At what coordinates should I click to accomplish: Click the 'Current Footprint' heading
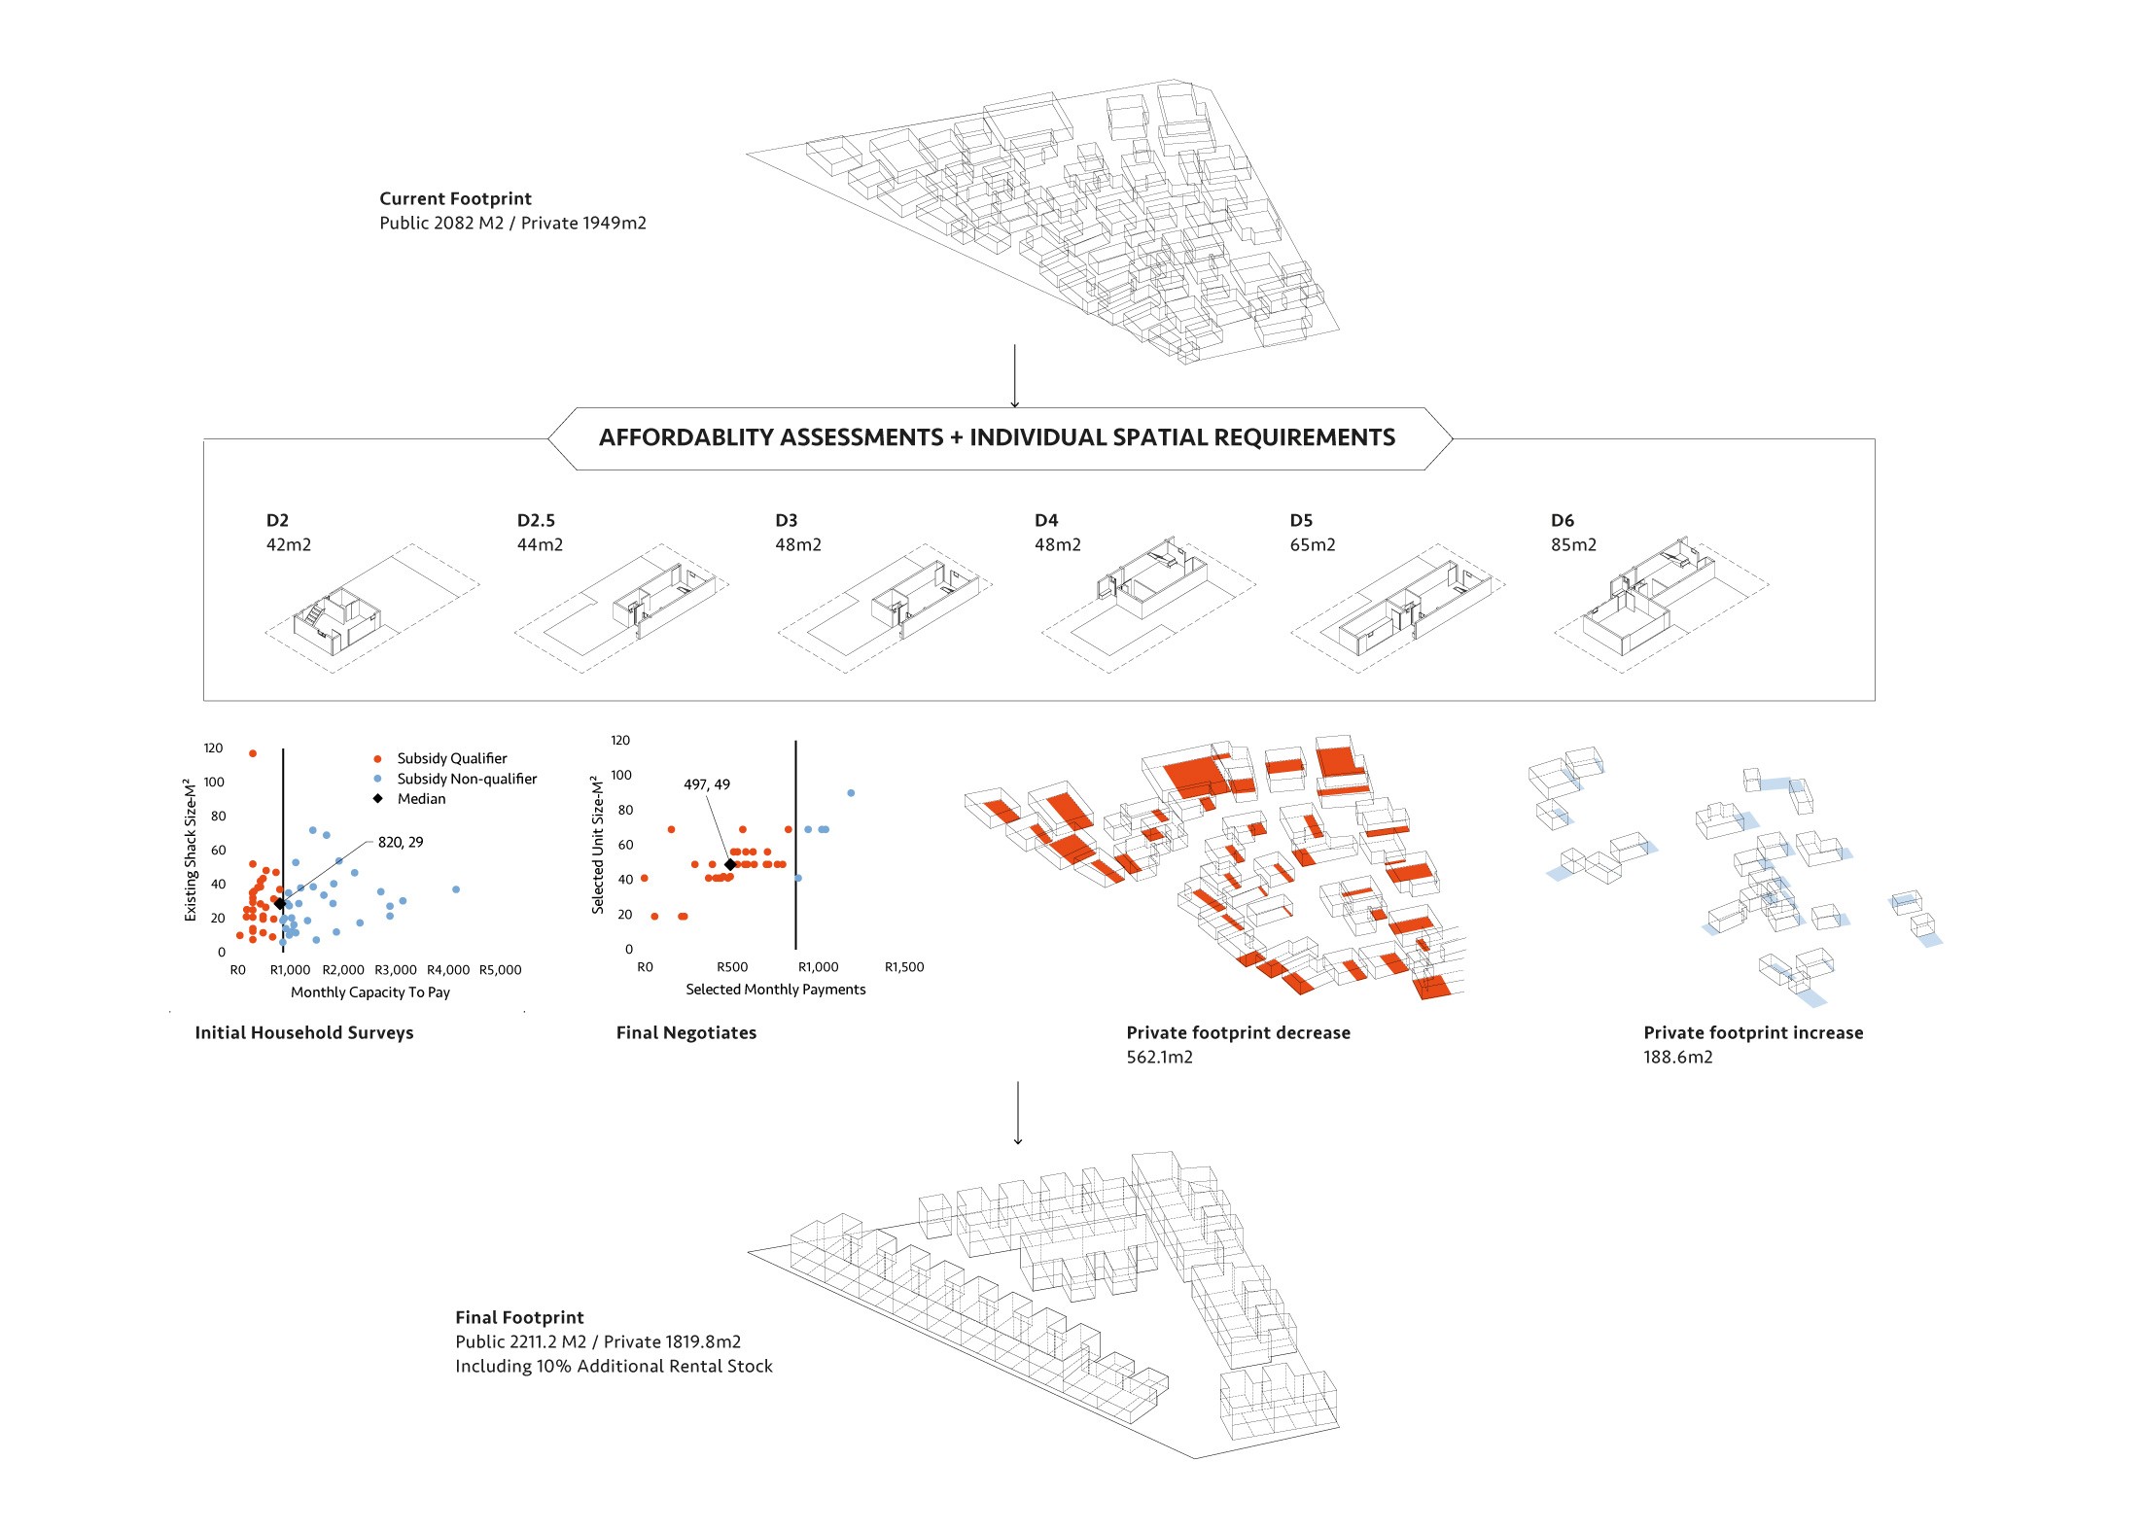coord(455,199)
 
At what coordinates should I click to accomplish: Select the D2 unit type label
coord(277,521)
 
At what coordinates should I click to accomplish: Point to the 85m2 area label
coord(1573,545)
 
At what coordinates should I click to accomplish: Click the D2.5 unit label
coord(536,521)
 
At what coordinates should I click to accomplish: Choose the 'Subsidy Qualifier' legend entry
coord(451,758)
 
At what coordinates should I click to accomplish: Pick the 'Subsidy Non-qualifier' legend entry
coord(466,779)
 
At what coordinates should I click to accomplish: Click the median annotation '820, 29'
coord(401,842)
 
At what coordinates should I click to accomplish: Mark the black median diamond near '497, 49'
coord(730,864)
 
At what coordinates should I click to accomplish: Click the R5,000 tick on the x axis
coord(500,970)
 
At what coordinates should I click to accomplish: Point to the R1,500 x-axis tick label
coord(904,967)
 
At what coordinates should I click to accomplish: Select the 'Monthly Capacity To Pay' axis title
coord(370,992)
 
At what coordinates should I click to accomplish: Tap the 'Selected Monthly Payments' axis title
coord(775,990)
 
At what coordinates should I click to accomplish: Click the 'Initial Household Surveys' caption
coord(303,1032)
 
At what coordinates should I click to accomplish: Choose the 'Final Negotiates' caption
coord(685,1032)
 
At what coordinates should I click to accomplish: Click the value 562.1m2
coord(1159,1057)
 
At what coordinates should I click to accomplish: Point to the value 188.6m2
coord(1677,1057)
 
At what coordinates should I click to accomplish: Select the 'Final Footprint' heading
coord(519,1317)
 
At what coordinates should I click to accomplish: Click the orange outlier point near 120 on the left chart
coord(253,753)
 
